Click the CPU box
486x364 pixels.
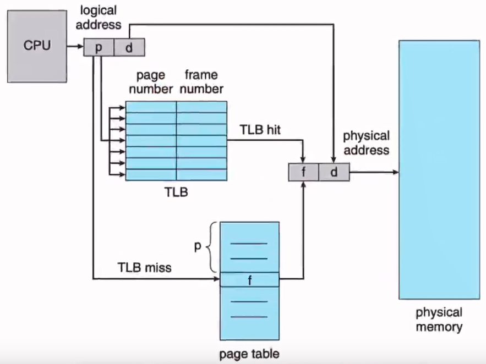tap(37, 46)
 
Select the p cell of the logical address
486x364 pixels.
tap(99, 48)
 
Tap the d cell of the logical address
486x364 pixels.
tap(129, 48)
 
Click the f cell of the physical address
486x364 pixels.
tap(304, 173)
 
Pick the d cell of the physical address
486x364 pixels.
tap(334, 173)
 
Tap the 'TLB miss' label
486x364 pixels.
tap(144, 268)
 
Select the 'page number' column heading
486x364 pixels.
tap(150, 81)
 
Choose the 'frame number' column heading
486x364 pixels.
tap(201, 81)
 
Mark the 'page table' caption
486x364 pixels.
tap(249, 354)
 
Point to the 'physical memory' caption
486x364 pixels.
tap(439, 320)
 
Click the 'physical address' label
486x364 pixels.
tap(366, 142)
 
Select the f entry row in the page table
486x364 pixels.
tap(249, 279)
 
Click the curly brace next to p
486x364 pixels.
tap(211, 247)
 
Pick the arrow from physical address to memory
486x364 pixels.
tap(374, 173)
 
